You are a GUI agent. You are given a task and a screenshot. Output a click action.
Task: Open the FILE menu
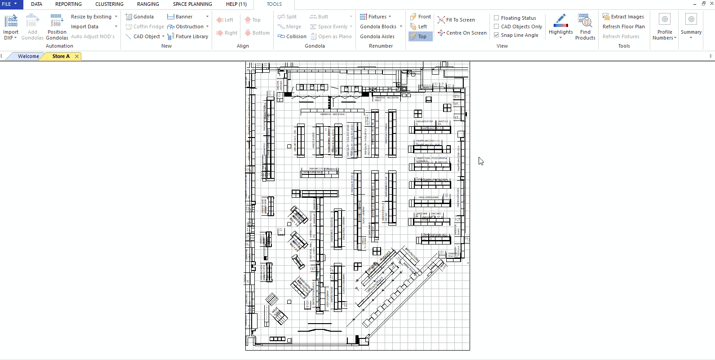pyautogui.click(x=9, y=4)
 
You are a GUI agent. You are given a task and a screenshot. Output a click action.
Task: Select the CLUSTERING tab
pyautogui.click(x=109, y=4)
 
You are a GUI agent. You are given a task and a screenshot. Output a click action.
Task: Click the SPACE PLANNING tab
pyautogui.click(x=192, y=4)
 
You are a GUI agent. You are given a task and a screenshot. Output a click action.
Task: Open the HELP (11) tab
pyautogui.click(x=236, y=4)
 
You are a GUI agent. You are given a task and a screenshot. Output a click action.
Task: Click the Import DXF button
pyautogui.click(x=11, y=27)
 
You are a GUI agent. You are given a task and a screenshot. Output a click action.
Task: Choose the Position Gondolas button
pyautogui.click(x=57, y=27)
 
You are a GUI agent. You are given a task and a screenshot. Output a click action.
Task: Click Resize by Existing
pyautogui.click(x=91, y=17)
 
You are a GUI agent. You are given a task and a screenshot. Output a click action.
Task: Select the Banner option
pyautogui.click(x=184, y=17)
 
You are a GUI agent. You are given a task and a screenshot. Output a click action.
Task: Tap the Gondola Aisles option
pyautogui.click(x=377, y=36)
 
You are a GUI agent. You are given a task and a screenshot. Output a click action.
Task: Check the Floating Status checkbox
pyautogui.click(x=497, y=18)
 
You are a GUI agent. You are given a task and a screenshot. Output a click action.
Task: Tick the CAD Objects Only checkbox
pyautogui.click(x=497, y=27)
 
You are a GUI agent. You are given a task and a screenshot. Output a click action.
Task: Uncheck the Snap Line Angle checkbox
pyautogui.click(x=497, y=35)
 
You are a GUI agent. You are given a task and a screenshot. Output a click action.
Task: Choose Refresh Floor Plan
pyautogui.click(x=623, y=27)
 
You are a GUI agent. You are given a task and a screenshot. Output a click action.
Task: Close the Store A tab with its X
pyautogui.click(x=77, y=56)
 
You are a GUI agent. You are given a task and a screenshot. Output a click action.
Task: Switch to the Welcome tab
pyautogui.click(x=28, y=56)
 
